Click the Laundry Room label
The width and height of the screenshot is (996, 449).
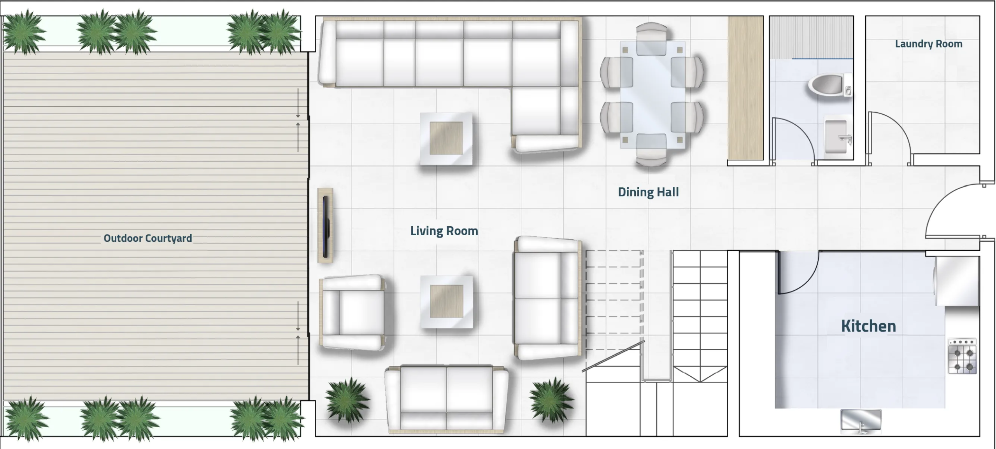pyautogui.click(x=928, y=44)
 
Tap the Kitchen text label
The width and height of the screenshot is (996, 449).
pyautogui.click(x=868, y=326)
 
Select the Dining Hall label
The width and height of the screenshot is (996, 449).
pyautogui.click(x=648, y=192)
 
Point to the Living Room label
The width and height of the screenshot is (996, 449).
pyautogui.click(x=444, y=231)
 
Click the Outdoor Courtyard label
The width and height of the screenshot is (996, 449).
pyautogui.click(x=148, y=238)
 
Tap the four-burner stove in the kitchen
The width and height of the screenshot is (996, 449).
pyautogui.click(x=963, y=356)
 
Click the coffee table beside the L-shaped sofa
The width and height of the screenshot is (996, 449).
pyautogui.click(x=446, y=138)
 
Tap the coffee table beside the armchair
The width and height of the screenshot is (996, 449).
pyautogui.click(x=447, y=302)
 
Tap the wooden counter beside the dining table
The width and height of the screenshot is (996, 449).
pyautogui.click(x=745, y=88)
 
